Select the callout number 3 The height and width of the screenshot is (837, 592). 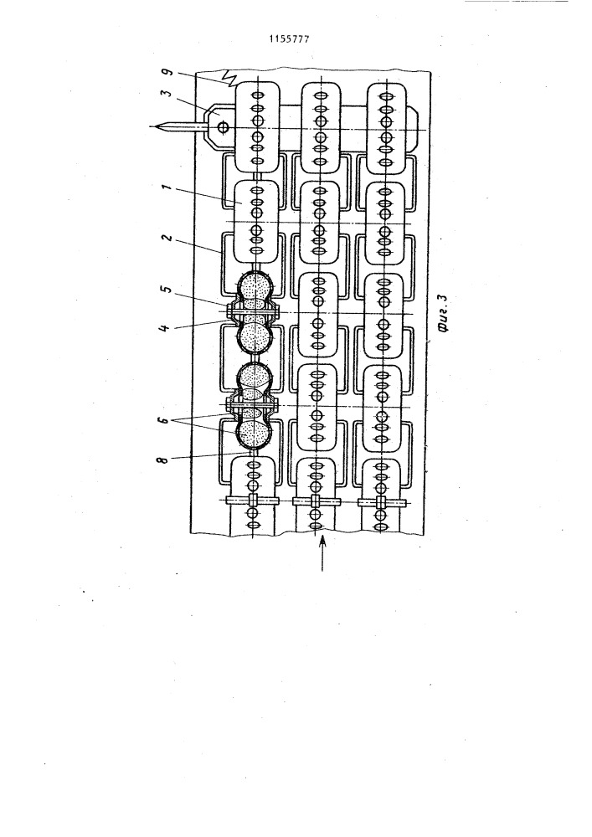167,95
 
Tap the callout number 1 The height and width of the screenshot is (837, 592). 168,189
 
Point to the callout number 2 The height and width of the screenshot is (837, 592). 167,238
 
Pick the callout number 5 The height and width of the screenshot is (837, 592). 167,290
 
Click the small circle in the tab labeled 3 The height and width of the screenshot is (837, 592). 223,127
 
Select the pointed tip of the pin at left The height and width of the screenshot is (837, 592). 152,127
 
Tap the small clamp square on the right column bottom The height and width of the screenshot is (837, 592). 381,502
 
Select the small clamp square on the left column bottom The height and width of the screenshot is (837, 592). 253,501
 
